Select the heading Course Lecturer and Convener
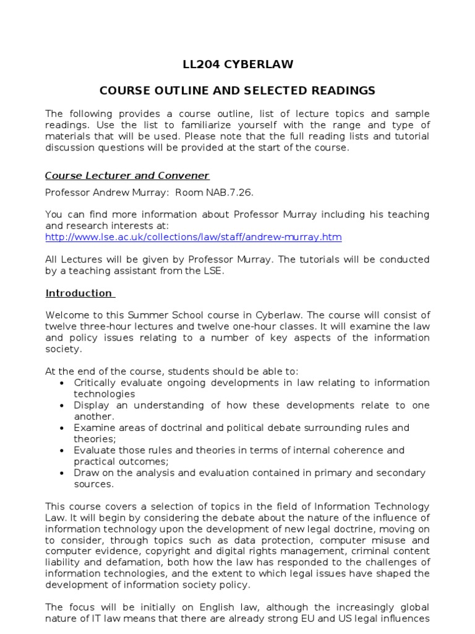(x=127, y=175)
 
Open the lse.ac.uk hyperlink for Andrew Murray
(x=194, y=237)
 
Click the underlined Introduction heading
(x=79, y=293)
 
